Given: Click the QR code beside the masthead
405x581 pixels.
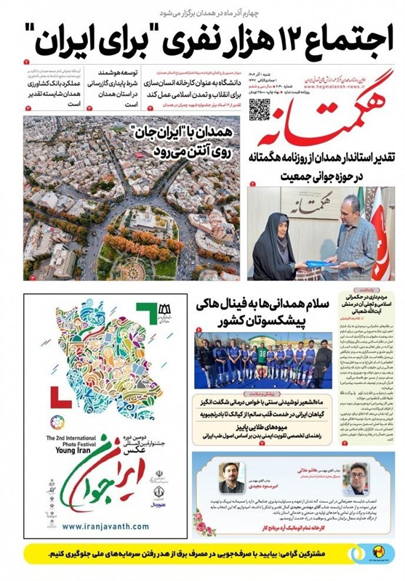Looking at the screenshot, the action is (x=260, y=110).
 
